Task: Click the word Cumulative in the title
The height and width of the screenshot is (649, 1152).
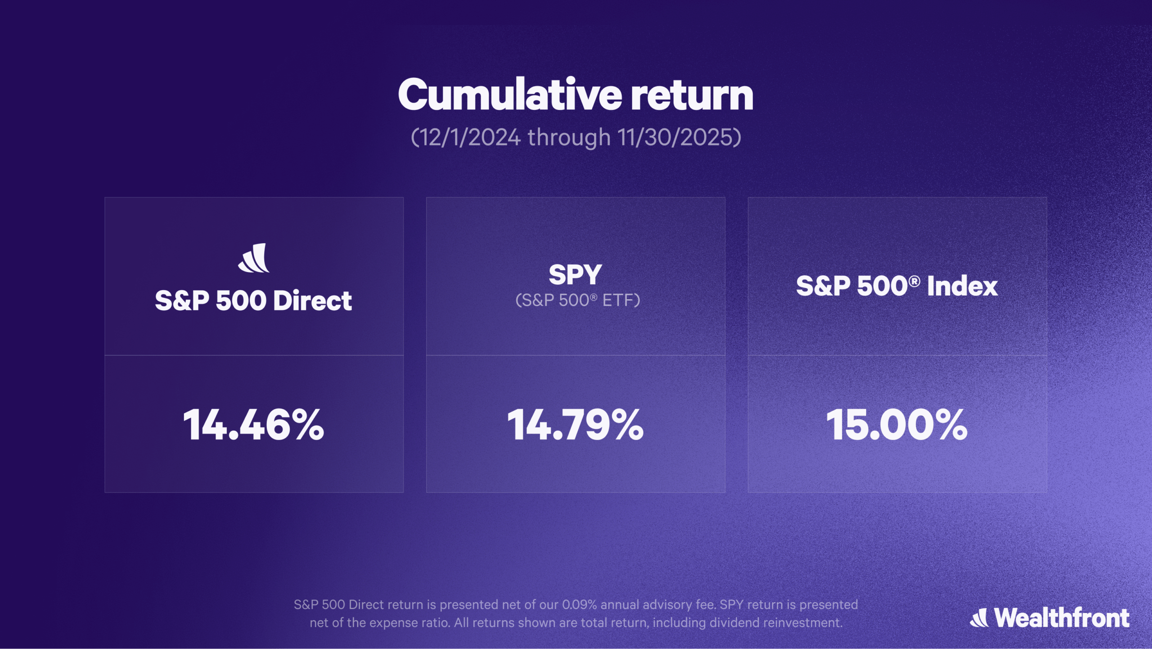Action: click(509, 95)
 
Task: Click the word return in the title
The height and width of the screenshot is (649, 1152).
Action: click(692, 95)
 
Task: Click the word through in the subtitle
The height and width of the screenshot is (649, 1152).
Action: click(569, 137)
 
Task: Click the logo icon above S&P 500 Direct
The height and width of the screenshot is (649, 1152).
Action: click(254, 258)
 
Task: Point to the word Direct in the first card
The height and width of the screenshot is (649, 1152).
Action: click(312, 300)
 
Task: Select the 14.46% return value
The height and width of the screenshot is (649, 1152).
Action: click(253, 425)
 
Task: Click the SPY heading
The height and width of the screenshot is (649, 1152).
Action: click(575, 274)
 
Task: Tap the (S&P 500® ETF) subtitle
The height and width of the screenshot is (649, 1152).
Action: click(577, 300)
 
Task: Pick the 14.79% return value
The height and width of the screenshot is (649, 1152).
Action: click(575, 425)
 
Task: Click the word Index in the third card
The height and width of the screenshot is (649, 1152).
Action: click(962, 286)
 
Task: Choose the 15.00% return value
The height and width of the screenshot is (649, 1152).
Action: click(896, 425)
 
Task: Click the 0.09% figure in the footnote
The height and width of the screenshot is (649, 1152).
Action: click(579, 605)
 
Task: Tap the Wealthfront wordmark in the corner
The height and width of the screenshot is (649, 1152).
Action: click(1062, 618)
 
